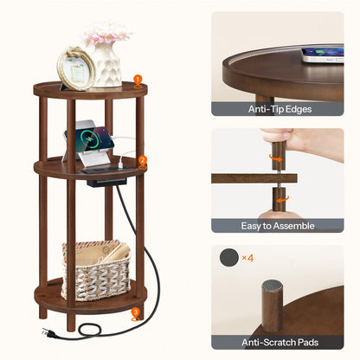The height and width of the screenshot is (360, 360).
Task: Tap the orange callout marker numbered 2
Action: tap(142, 160)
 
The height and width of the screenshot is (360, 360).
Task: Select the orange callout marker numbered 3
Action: tap(135, 312)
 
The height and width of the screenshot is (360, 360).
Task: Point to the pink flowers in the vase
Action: tap(107, 35)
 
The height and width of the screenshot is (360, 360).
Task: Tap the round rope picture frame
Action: tap(75, 68)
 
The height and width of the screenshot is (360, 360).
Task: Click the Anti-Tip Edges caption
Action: tap(277, 109)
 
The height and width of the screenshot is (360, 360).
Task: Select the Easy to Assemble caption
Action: tap(277, 225)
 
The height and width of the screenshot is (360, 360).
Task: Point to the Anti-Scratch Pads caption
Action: tap(277, 341)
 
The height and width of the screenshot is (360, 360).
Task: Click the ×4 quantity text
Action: tap(247, 258)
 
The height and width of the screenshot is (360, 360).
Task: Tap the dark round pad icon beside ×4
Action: tap(228, 258)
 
